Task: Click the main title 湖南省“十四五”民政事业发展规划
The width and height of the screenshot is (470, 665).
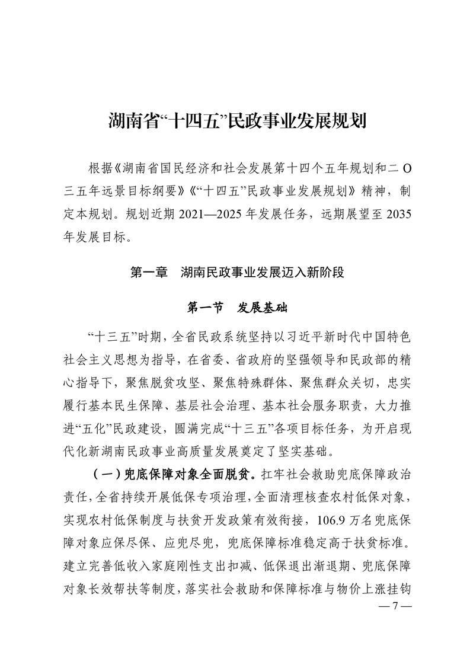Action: pos(235,122)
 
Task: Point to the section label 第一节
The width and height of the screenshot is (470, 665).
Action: pos(205,308)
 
